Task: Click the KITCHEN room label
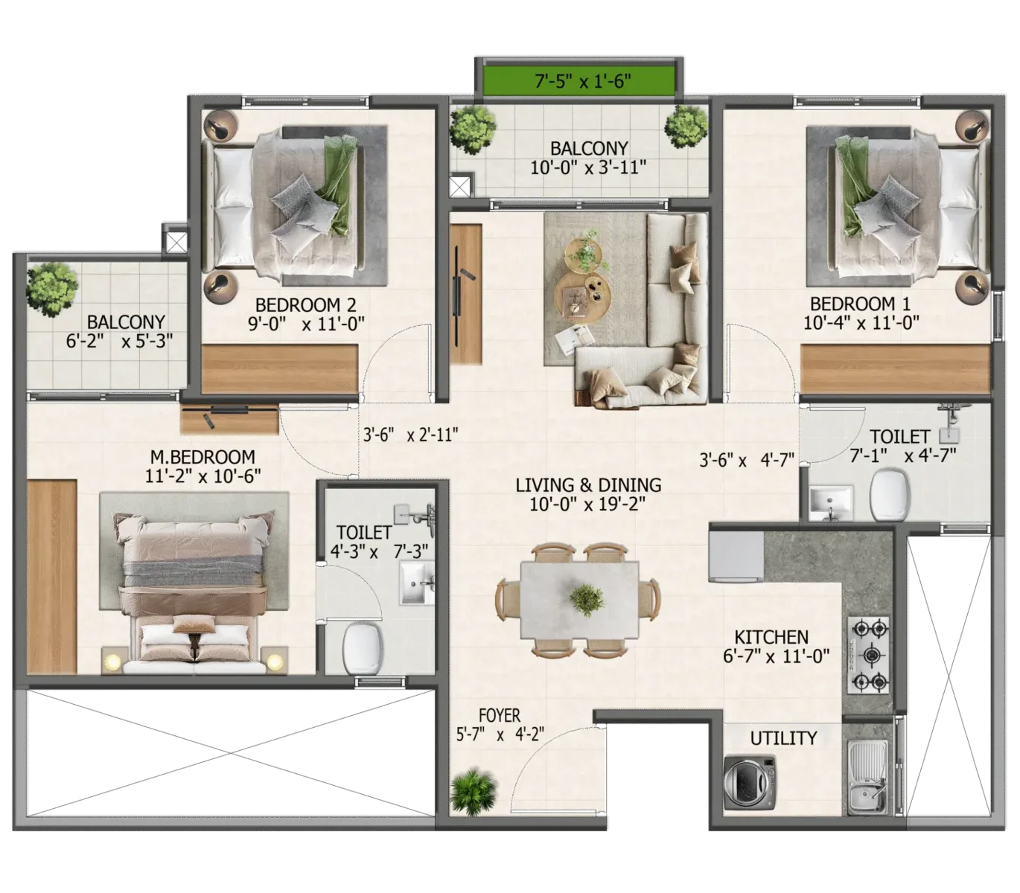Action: (x=771, y=637)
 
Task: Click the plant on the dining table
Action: (x=587, y=598)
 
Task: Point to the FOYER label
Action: (x=500, y=716)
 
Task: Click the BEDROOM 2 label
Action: (x=305, y=304)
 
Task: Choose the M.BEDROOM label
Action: (x=202, y=457)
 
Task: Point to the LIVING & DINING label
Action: (x=588, y=485)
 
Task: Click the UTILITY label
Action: (x=783, y=738)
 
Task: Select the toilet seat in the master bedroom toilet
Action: (x=363, y=647)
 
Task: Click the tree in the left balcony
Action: (x=52, y=287)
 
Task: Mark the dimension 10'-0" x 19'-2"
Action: (x=588, y=504)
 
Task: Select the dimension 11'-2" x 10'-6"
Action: (x=203, y=476)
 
